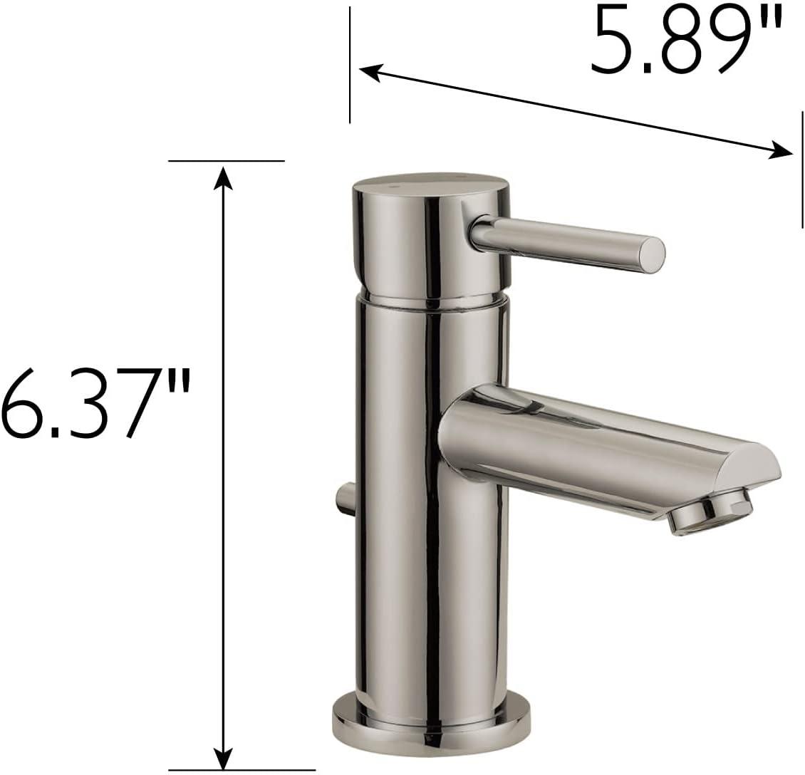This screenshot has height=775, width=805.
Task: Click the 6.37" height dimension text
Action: click(x=96, y=402)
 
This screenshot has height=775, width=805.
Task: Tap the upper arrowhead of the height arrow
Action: click(x=224, y=175)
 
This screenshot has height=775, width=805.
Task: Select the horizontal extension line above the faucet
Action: click(x=226, y=161)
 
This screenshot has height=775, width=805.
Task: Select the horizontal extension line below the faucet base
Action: click(x=242, y=769)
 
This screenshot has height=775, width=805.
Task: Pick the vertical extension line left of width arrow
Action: click(x=350, y=64)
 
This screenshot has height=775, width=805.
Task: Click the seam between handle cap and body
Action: click(x=431, y=299)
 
